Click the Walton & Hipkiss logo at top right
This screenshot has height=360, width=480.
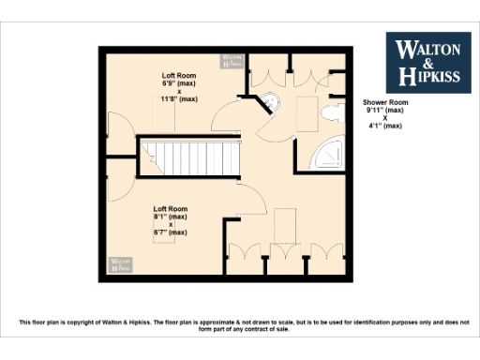(428, 64)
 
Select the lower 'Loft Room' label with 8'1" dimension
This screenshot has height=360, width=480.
(171, 208)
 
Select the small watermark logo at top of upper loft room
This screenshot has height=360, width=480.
(232, 61)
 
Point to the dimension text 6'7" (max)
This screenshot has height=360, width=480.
(171, 232)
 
